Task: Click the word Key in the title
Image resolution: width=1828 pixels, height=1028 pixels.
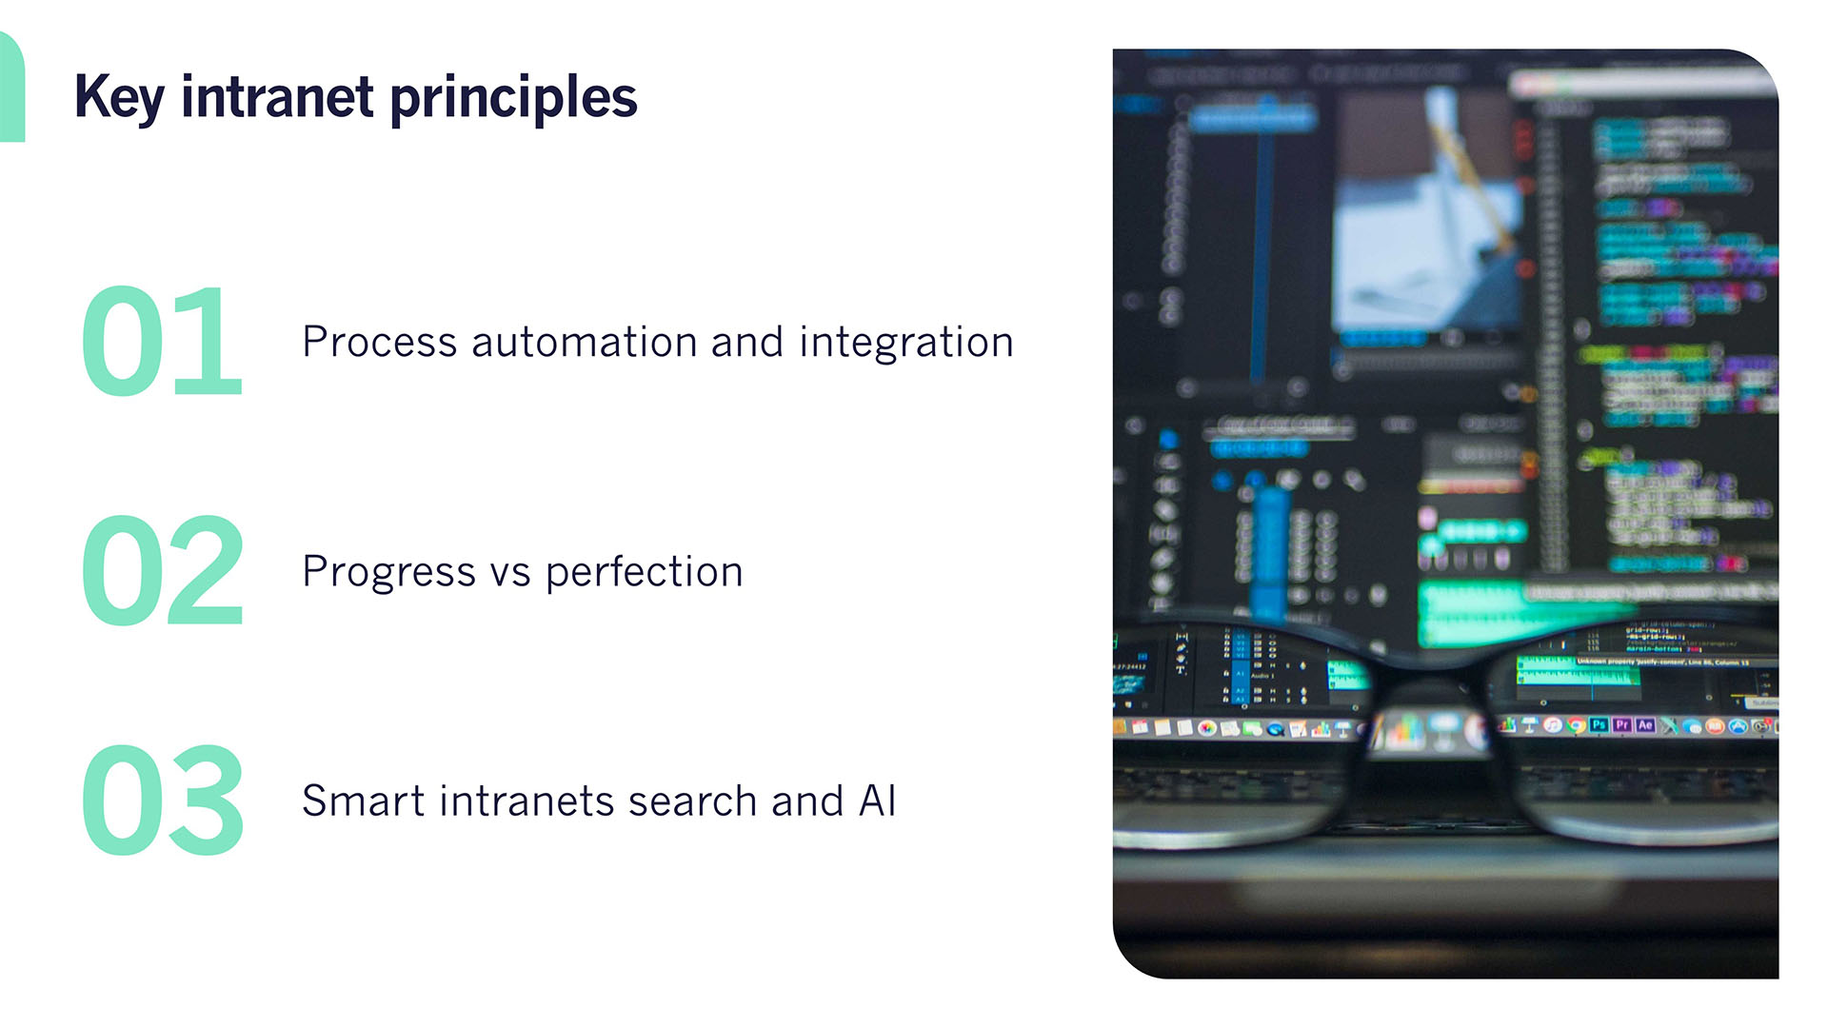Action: [119, 97]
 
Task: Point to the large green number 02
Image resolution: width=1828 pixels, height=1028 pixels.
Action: [162, 570]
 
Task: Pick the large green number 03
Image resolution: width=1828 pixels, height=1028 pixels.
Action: [162, 800]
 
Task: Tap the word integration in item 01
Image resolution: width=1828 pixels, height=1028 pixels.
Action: [906, 342]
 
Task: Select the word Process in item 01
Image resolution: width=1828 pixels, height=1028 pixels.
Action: [379, 342]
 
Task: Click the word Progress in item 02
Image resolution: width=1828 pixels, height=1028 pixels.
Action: [387, 572]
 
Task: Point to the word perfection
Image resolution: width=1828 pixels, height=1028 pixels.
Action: [644, 572]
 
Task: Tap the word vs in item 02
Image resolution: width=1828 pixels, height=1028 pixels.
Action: [509, 572]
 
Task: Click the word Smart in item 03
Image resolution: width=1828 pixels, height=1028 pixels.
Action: [362, 801]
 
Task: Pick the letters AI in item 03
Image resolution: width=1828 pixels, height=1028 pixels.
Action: [877, 801]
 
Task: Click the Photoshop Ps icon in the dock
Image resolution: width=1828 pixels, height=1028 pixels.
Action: [1599, 725]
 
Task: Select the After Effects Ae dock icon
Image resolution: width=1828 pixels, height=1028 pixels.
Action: [1645, 725]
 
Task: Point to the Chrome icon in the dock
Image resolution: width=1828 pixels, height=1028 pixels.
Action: [1576, 725]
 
